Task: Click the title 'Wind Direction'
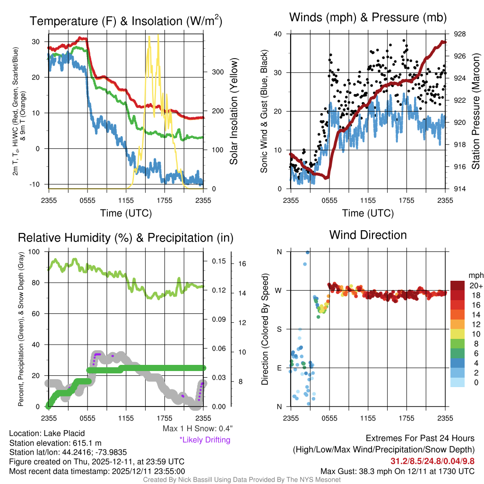[x=368, y=235]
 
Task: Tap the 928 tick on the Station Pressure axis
[x=460, y=34]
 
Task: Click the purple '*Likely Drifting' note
[x=205, y=440]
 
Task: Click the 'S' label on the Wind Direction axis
[x=279, y=329]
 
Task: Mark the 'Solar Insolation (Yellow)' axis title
[x=233, y=112]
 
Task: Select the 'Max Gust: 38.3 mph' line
[x=397, y=471]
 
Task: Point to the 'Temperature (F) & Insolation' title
[x=126, y=21]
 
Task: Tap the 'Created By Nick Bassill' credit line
[x=242, y=480]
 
